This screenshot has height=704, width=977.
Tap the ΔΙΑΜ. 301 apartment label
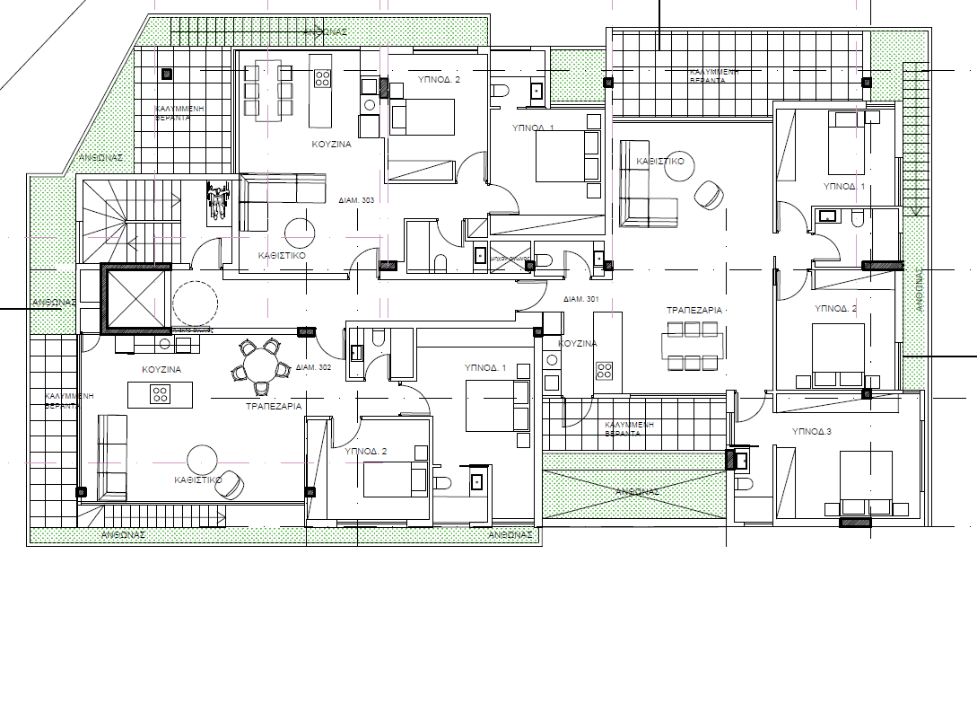pos(580,299)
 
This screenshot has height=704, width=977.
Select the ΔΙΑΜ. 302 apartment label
pos(313,367)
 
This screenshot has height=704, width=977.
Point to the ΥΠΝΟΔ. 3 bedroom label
pos(812,432)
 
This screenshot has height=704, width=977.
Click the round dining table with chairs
pos(261,366)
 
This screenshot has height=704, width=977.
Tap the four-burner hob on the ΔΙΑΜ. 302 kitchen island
pos(160,393)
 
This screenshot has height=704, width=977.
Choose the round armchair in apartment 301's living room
pos(710,194)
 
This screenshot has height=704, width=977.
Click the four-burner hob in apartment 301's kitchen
pos(605,370)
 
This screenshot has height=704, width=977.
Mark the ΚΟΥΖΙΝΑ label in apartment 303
pos(331,144)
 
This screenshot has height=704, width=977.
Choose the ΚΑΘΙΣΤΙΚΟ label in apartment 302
pos(198,480)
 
